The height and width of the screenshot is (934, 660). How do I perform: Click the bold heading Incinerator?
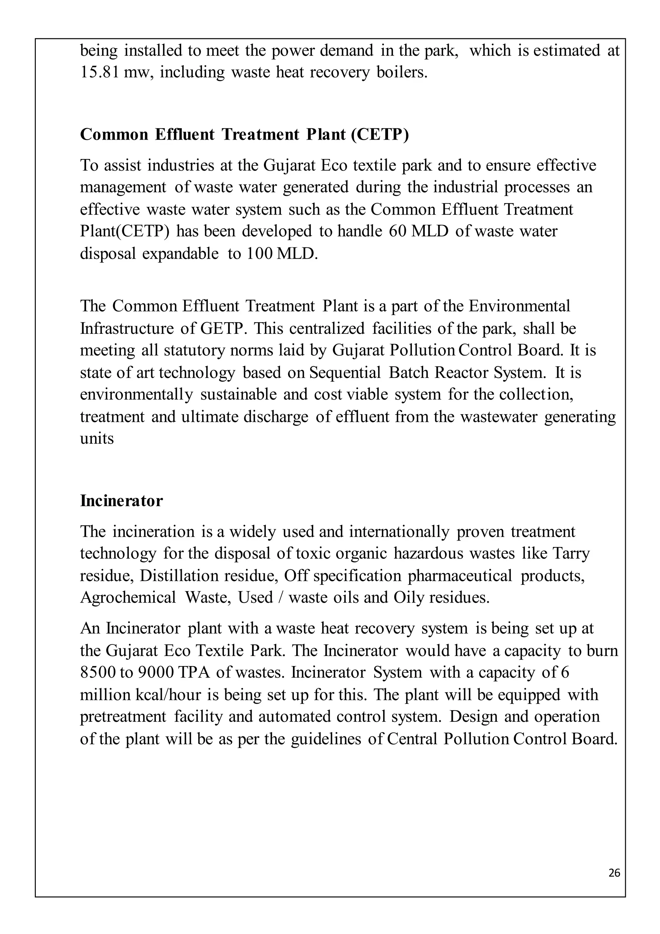tap(121, 501)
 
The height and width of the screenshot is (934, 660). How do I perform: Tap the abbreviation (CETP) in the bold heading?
tap(380, 134)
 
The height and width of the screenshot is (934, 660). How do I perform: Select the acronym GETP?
tap(221, 328)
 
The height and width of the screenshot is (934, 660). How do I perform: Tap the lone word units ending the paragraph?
tap(97, 439)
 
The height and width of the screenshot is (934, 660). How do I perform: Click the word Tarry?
tap(571, 554)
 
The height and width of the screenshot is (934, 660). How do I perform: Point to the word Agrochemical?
tap(128, 598)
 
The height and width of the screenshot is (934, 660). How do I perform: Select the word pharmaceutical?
tap(460, 576)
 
